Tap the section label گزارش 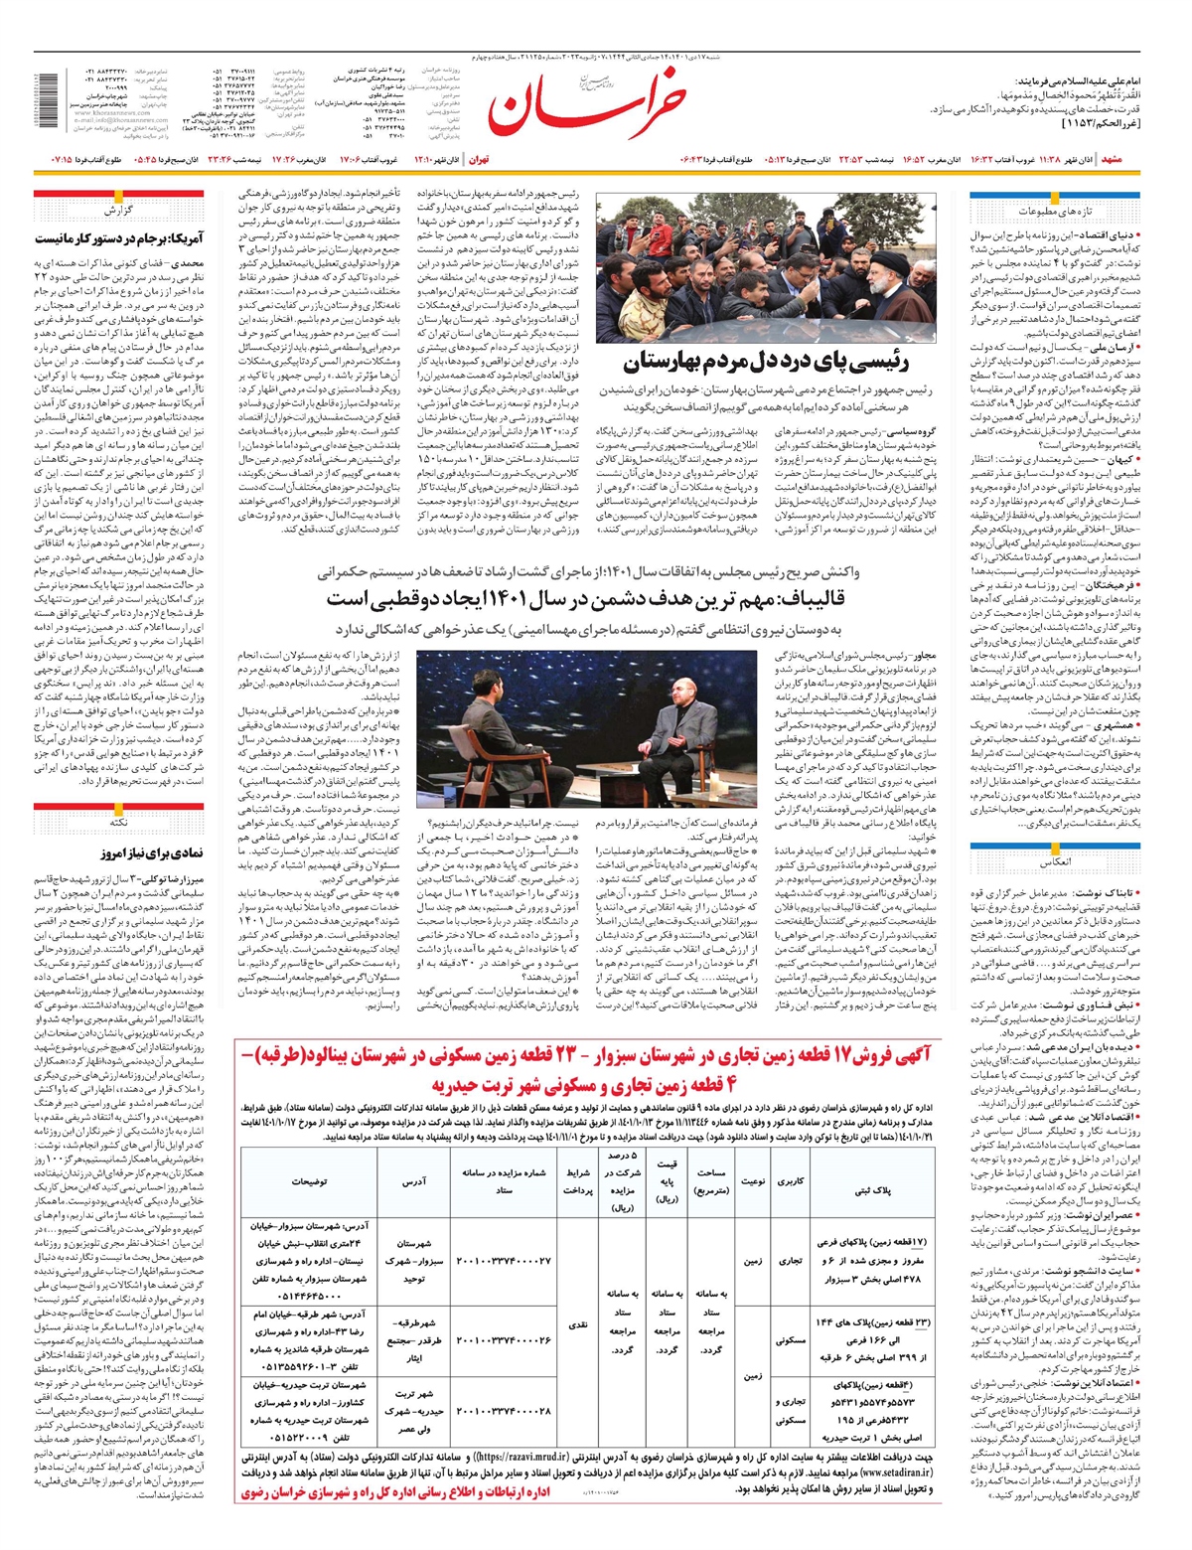coord(117,212)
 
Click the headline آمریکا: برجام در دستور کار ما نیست coord(118,238)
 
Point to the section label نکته coord(118,823)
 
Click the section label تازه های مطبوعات coord(1054,212)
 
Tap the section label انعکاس coord(1054,861)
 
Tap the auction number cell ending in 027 coord(503,1260)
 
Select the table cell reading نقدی coord(578,1324)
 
